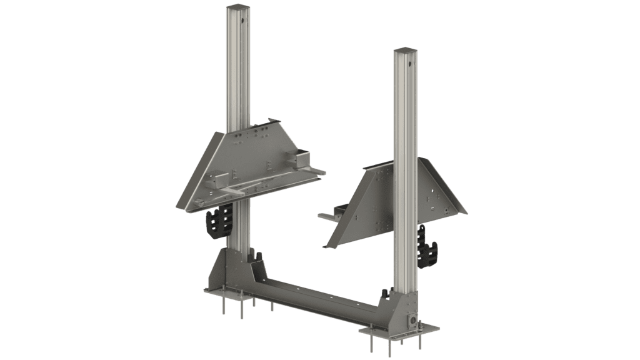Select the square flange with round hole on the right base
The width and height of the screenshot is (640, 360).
click(x=412, y=319)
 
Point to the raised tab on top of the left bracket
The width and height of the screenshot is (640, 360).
click(x=270, y=121)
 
